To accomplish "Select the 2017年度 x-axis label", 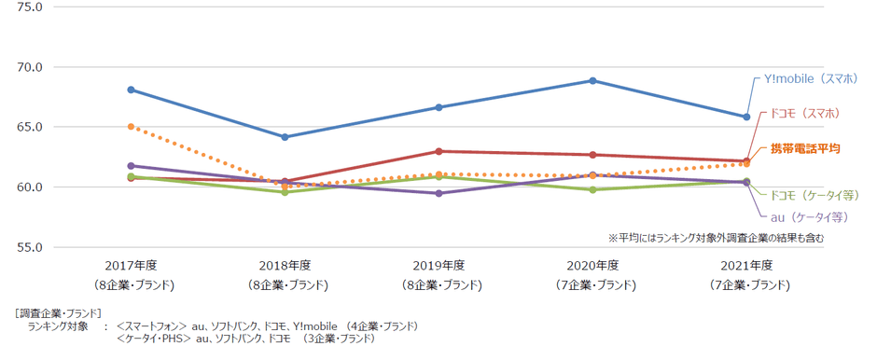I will point(131,266).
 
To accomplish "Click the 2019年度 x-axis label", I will point(439,266).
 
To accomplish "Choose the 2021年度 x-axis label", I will point(746,266).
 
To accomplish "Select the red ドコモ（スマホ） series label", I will point(804,114).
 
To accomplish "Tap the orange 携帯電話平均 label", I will point(805,148).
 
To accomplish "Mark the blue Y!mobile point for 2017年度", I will point(131,90).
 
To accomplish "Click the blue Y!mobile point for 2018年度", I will point(285,137).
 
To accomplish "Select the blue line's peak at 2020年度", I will point(592,80).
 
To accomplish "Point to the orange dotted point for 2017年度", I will point(131,126).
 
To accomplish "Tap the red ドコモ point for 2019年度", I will point(438,151).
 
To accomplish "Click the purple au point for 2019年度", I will point(438,193).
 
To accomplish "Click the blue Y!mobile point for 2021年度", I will point(746,117).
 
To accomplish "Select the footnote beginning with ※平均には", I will point(716,237).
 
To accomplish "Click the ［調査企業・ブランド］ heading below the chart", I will point(58,312).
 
